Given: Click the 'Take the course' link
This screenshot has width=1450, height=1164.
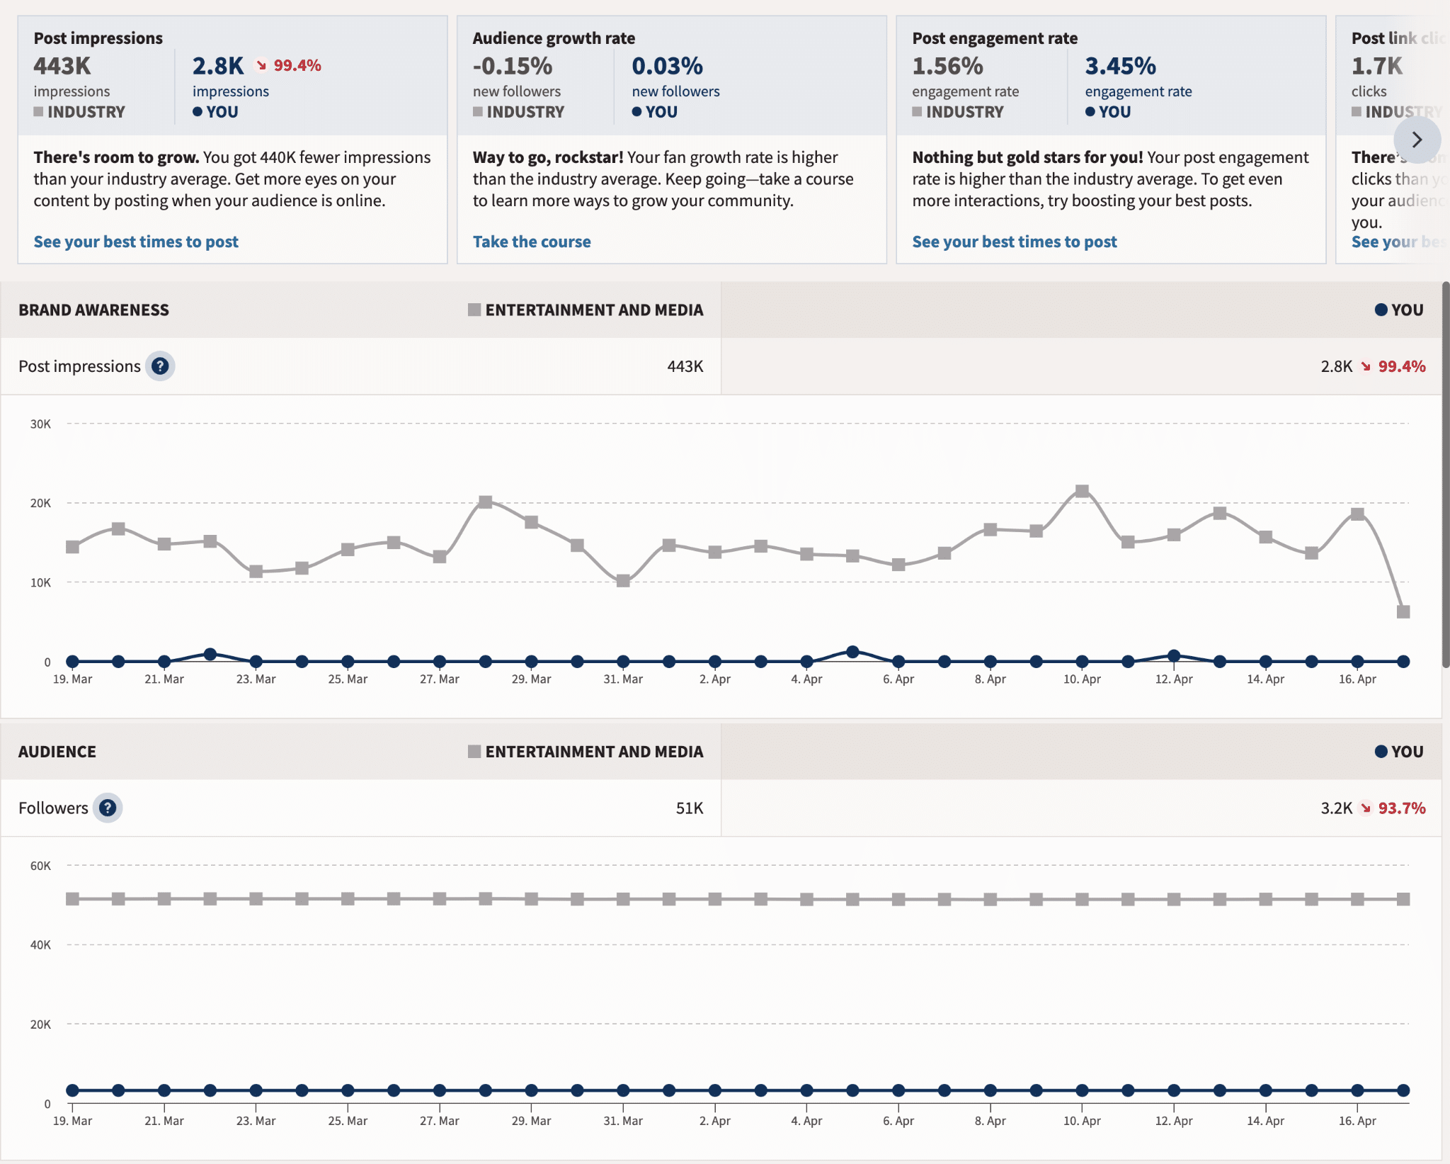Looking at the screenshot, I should pyautogui.click(x=531, y=242).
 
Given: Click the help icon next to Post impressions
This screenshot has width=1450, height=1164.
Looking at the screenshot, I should pyautogui.click(x=160, y=366).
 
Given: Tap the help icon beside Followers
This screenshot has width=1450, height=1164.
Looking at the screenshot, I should pyautogui.click(x=108, y=808).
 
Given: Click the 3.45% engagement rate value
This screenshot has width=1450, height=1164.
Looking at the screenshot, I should pyautogui.click(x=1120, y=66).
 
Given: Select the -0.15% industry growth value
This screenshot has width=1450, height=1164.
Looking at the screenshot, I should pyautogui.click(x=512, y=66).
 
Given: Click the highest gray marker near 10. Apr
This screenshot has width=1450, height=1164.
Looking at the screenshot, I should pyautogui.click(x=1082, y=491).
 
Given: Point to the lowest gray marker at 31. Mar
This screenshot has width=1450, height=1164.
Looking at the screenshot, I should pyautogui.click(x=623, y=581).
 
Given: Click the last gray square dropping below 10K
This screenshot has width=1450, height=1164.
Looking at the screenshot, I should pyautogui.click(x=1403, y=611).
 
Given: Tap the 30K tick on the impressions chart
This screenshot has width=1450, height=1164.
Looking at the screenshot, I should pyautogui.click(x=40, y=424).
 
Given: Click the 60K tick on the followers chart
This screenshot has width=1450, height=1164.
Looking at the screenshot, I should pyautogui.click(x=40, y=866).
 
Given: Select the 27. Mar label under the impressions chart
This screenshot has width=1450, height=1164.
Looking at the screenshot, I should pyautogui.click(x=439, y=679).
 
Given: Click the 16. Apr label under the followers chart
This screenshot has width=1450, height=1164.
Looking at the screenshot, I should pyautogui.click(x=1357, y=1121).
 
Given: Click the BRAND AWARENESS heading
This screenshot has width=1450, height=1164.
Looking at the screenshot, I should pyautogui.click(x=93, y=310).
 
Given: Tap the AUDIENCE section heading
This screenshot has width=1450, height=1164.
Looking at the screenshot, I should pyautogui.click(x=57, y=752).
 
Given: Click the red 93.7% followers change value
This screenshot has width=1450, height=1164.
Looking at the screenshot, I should pyautogui.click(x=1401, y=808).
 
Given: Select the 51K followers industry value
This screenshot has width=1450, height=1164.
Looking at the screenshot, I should pyautogui.click(x=689, y=808).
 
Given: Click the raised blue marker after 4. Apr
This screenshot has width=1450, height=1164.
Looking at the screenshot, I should pyautogui.click(x=852, y=652).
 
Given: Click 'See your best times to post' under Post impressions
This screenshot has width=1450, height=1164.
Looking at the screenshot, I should pyautogui.click(x=136, y=242).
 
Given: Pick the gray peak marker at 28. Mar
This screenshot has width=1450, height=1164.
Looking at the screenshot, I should pyautogui.click(x=485, y=502).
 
